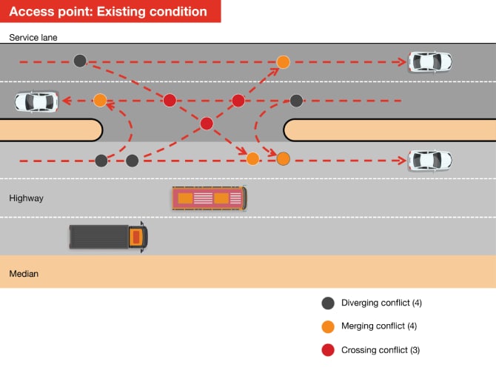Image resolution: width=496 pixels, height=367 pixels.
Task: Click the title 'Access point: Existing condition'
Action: pos(109,12)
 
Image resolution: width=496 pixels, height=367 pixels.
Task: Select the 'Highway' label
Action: pos(27,198)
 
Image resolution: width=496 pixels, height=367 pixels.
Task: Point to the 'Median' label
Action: pos(24,274)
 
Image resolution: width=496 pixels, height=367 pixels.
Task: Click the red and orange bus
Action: pos(210,198)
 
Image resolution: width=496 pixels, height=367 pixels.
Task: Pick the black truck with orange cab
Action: pos(108,237)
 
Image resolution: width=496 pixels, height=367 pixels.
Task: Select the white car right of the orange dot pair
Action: pos(430,159)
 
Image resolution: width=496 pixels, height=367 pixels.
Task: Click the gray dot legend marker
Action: pos(328,303)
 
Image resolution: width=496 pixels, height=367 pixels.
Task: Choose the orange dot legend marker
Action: pos(328,326)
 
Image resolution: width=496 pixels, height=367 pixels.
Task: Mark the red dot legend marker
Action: pos(328,350)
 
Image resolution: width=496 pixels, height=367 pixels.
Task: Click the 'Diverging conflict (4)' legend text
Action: pos(381,303)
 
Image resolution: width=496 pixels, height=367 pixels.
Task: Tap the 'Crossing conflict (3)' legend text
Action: pos(381,350)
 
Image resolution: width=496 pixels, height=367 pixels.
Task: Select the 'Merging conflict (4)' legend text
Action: pos(380,326)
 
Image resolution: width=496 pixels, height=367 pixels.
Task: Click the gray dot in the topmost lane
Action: pos(80,61)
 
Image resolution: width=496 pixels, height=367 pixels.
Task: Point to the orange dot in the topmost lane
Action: pos(283,61)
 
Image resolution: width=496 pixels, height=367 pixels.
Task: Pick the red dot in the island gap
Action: pos(207,123)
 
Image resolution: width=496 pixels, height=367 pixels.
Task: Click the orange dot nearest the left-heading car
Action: pos(100,100)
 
